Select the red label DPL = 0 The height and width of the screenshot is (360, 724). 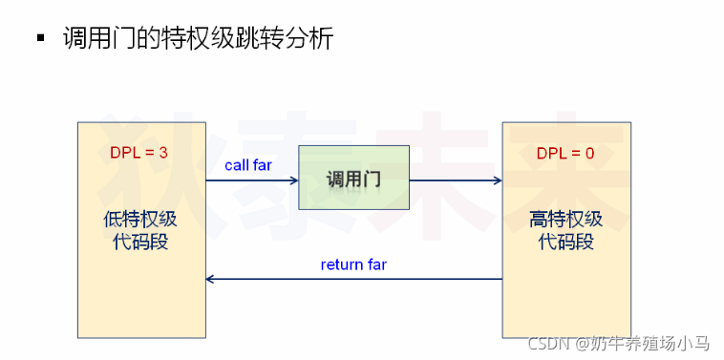pyautogui.click(x=565, y=152)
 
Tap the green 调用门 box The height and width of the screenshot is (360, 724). pyautogui.click(x=353, y=178)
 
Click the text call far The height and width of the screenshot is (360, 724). pyautogui.click(x=248, y=165)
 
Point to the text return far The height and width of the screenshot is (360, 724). pyautogui.click(x=354, y=265)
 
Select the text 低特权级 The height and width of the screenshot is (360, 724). pyautogui.click(x=140, y=219)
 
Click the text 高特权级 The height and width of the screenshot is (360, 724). pyautogui.click(x=565, y=219)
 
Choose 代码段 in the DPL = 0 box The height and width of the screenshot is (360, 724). pyautogui.click(x=565, y=242)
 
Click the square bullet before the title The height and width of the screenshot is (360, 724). pyautogui.click(x=40, y=39)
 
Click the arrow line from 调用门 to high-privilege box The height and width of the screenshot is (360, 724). pyautogui.click(x=453, y=180)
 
